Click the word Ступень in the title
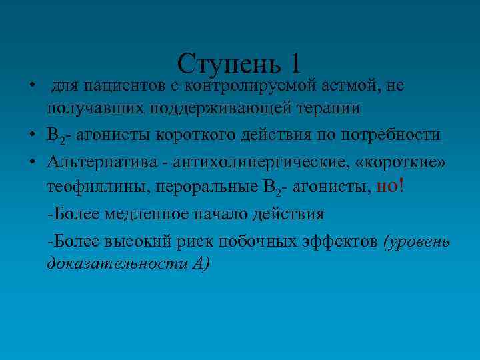pos(229,64)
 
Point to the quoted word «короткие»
pos(405,162)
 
